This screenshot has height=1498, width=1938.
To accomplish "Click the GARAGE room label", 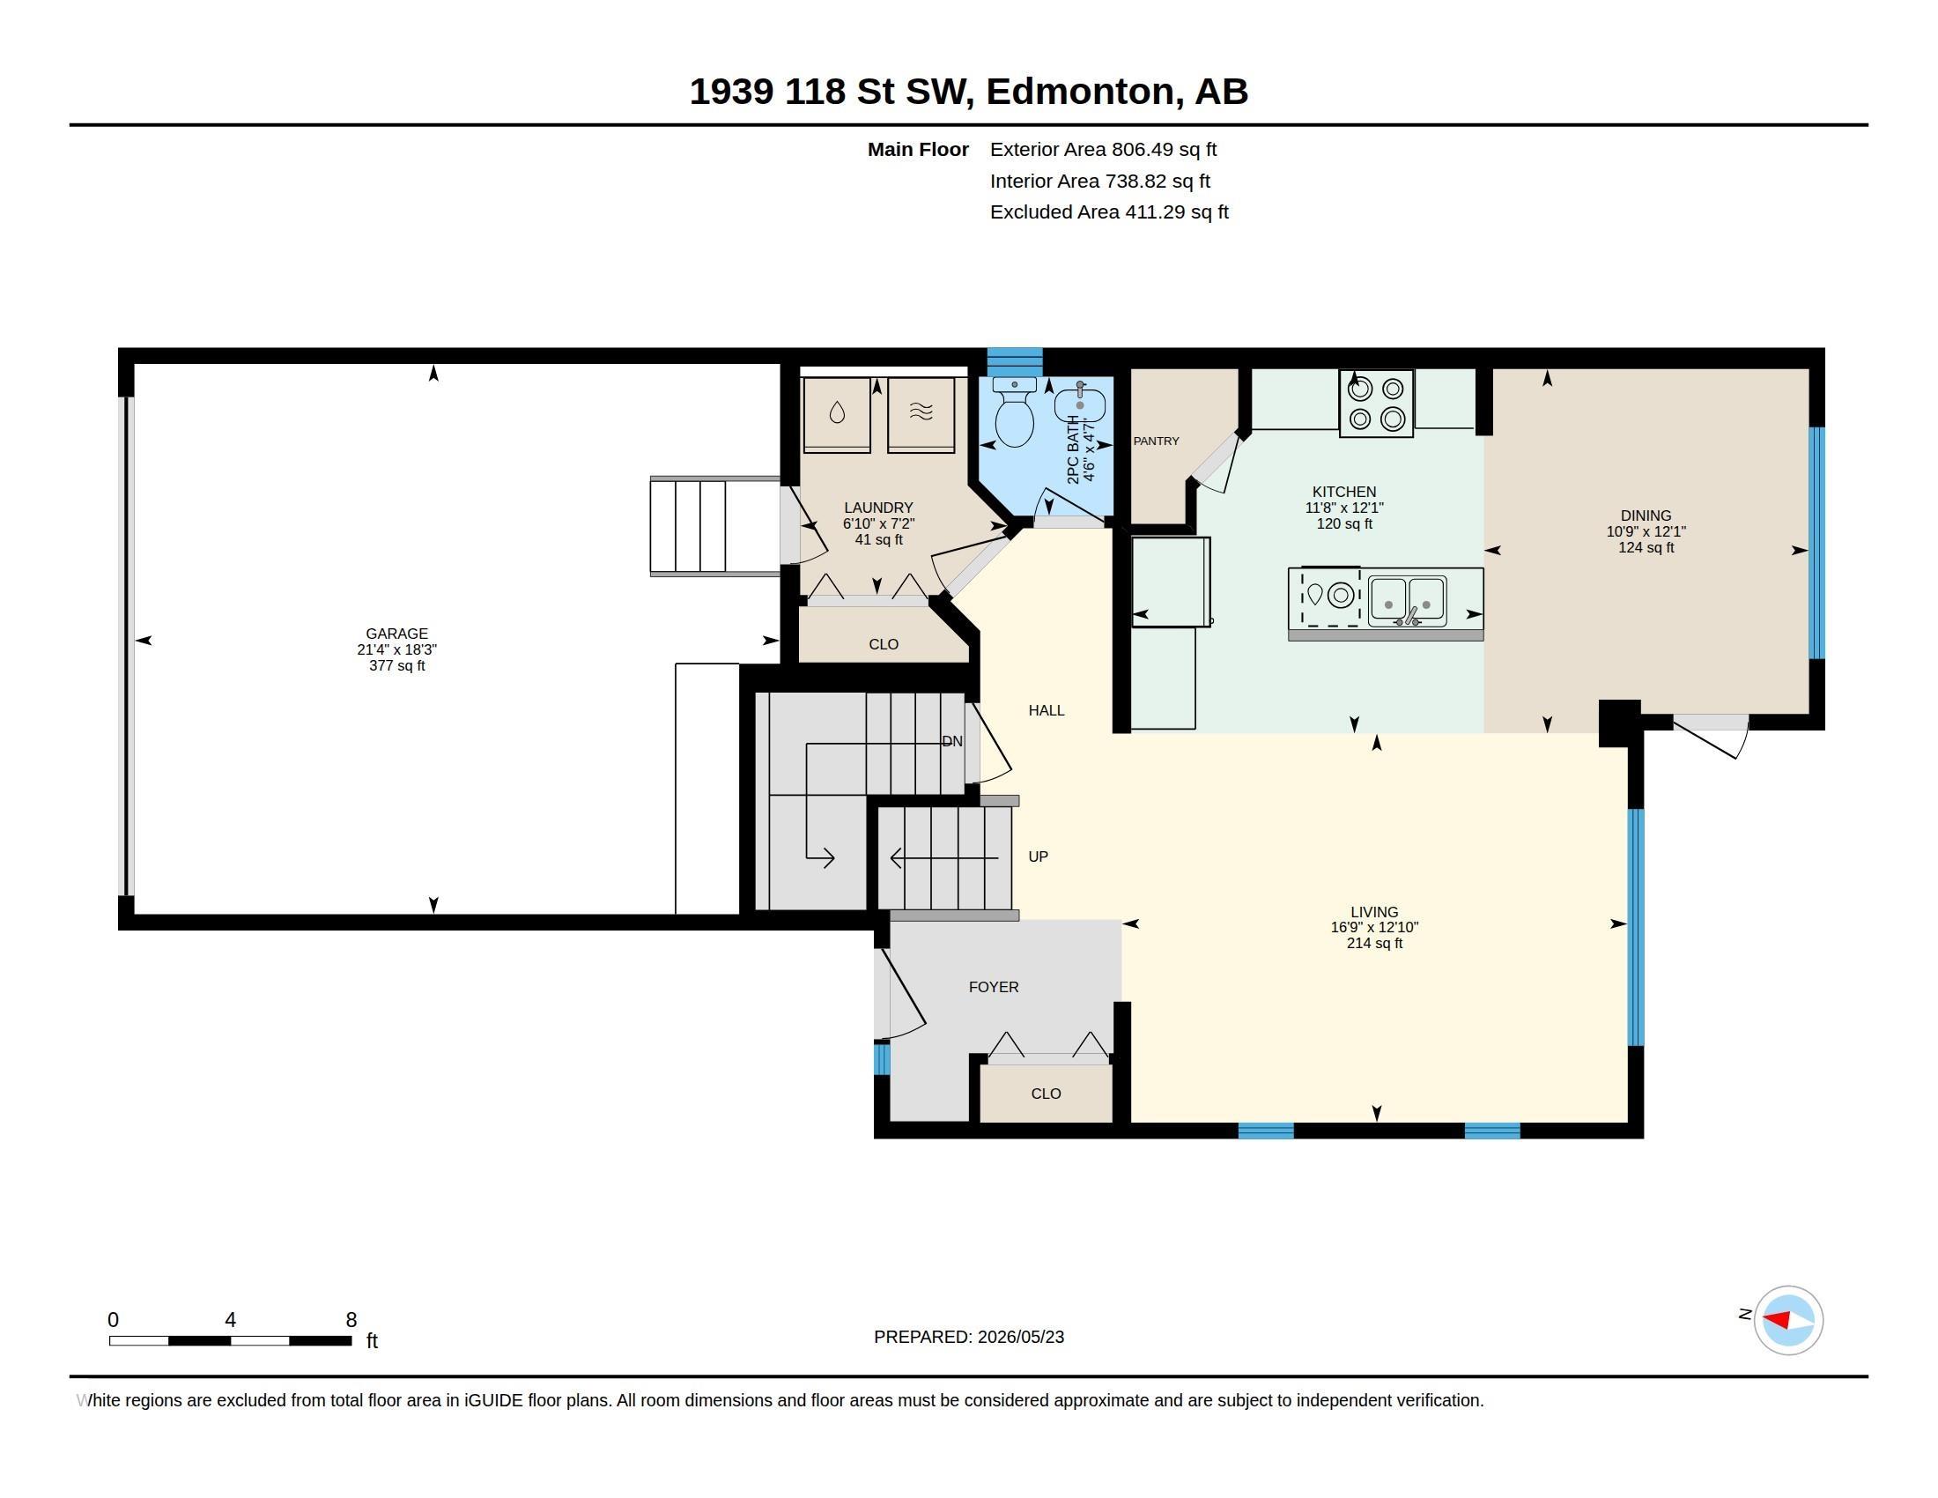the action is pyautogui.click(x=396, y=634).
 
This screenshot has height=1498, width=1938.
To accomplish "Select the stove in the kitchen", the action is pyautogui.click(x=1376, y=404).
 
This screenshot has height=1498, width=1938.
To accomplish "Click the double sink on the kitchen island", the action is pyautogui.click(x=1408, y=601).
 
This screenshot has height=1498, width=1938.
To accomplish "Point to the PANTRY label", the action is pyautogui.click(x=1157, y=441).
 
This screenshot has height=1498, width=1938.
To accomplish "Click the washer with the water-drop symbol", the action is pyautogui.click(x=837, y=415).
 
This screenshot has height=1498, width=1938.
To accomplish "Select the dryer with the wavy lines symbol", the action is pyautogui.click(x=921, y=415).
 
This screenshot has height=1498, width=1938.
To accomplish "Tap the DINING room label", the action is pyautogui.click(x=1646, y=515).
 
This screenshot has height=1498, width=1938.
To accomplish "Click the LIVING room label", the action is pyautogui.click(x=1374, y=912).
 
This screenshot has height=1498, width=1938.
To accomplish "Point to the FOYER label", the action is pyautogui.click(x=994, y=987).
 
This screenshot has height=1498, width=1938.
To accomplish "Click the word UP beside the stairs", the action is pyautogui.click(x=1039, y=857).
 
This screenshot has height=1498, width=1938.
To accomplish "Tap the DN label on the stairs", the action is pyautogui.click(x=952, y=741).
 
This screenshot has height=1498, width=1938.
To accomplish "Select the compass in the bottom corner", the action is pyautogui.click(x=1788, y=1321).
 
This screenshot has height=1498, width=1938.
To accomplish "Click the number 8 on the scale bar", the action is pyautogui.click(x=351, y=1320).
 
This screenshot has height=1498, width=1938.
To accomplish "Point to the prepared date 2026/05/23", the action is pyautogui.click(x=1020, y=1338).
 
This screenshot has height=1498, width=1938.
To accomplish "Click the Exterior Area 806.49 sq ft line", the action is pyautogui.click(x=1103, y=150).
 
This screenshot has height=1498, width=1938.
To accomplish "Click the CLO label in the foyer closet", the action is pyautogui.click(x=1047, y=1094).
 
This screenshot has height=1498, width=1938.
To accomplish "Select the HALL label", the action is pyautogui.click(x=1047, y=710).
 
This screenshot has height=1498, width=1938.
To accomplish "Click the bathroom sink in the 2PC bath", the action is pyautogui.click(x=1080, y=404).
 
